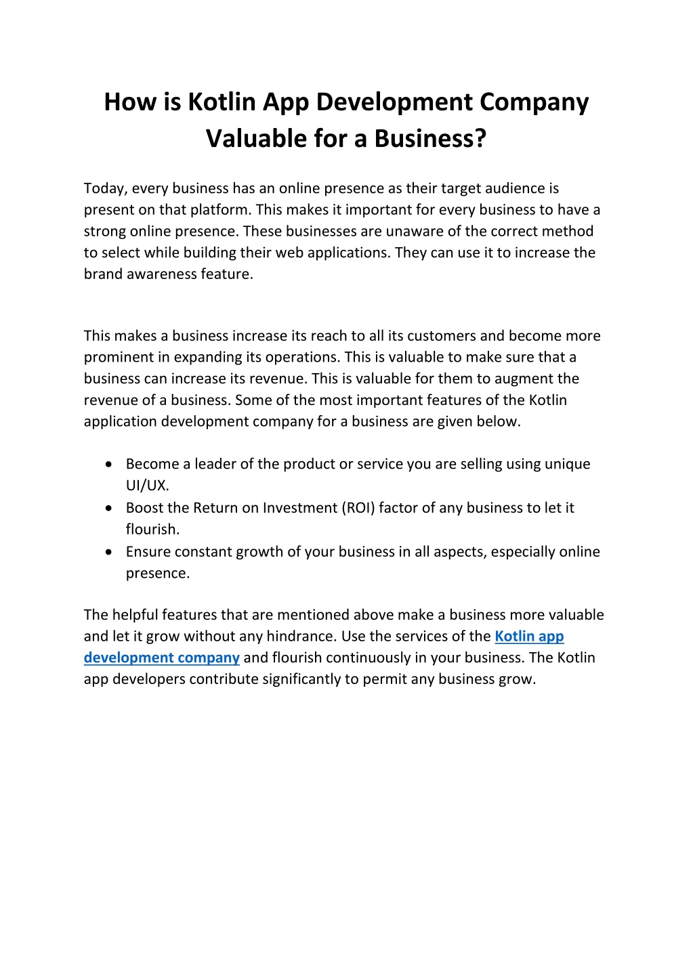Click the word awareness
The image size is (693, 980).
[162, 274]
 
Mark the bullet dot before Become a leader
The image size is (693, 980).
[109, 464]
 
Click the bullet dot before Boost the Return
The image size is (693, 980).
[109, 507]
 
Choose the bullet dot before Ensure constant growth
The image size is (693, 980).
[109, 551]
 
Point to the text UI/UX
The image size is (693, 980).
[147, 486]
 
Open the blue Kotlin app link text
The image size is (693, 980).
[529, 636]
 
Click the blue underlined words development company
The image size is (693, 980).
[161, 658]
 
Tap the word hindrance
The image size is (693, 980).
[299, 636]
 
